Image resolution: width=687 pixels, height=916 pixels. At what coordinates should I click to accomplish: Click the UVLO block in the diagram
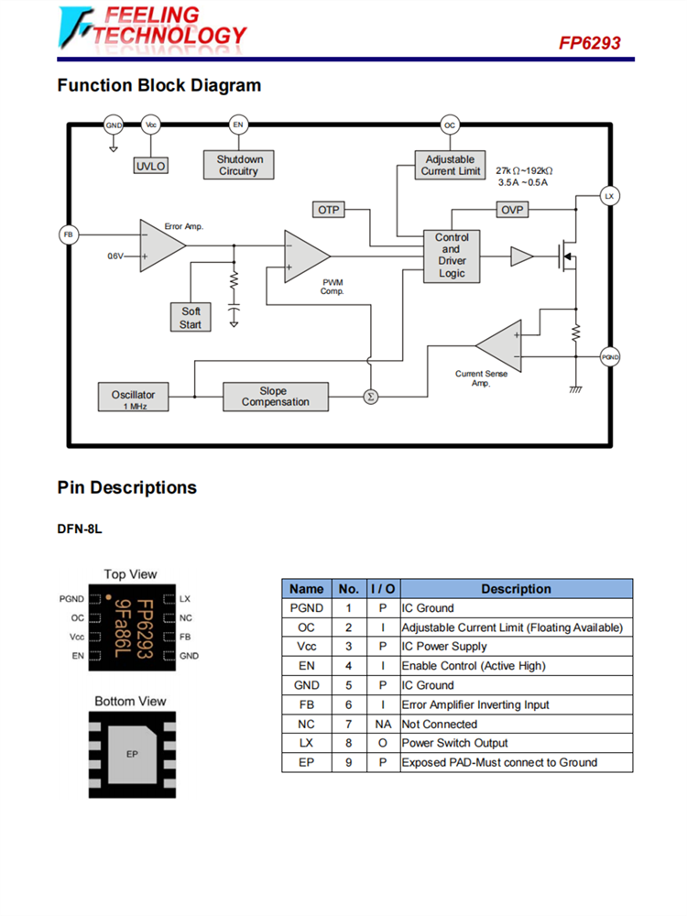tap(151, 166)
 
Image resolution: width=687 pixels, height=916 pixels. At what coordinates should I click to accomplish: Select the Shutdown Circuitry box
tap(238, 165)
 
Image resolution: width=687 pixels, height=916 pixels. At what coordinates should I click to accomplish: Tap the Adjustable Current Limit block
tap(450, 165)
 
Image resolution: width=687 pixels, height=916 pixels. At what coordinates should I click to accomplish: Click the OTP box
tap(329, 210)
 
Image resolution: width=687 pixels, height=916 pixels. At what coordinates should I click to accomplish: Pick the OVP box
tap(512, 210)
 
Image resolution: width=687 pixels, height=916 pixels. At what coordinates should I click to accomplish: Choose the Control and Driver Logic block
tap(452, 256)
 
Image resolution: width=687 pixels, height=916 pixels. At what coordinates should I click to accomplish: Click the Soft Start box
tap(191, 318)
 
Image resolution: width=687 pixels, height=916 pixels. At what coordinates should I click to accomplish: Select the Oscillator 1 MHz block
tap(134, 398)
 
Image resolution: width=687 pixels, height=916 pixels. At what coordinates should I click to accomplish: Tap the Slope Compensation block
tap(275, 397)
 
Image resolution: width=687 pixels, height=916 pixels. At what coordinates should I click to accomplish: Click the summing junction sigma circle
tap(371, 397)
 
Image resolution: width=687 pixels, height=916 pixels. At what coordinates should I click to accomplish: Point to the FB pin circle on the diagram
tap(68, 234)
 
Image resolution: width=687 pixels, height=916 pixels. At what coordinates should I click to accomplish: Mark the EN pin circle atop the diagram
tap(238, 125)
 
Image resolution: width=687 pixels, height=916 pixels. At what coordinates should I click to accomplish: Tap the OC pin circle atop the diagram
tap(450, 125)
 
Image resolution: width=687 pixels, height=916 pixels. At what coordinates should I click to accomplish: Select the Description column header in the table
tap(516, 589)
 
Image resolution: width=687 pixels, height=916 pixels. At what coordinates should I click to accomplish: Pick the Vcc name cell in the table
tap(306, 647)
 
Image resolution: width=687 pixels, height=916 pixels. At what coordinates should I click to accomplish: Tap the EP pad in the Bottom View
tap(131, 754)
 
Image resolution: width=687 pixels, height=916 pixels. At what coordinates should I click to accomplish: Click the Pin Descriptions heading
tap(126, 487)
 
